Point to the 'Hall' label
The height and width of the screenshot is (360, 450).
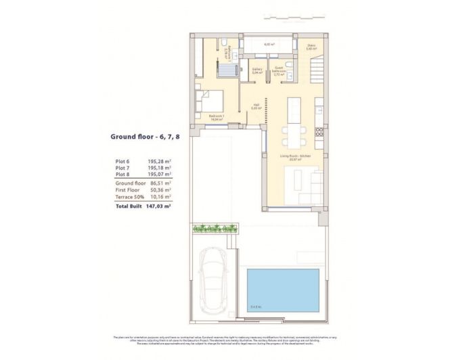[256, 106]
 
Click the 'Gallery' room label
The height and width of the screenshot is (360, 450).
[257, 70]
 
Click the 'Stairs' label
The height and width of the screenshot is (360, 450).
[311, 47]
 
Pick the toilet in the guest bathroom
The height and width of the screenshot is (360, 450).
[288, 64]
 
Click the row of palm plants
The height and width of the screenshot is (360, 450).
[215, 228]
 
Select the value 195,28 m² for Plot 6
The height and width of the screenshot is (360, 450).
[158, 162]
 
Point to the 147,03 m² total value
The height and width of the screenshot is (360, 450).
[159, 206]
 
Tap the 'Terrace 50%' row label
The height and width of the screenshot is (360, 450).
[131, 196]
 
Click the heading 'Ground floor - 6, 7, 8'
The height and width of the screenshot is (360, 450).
[145, 136]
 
